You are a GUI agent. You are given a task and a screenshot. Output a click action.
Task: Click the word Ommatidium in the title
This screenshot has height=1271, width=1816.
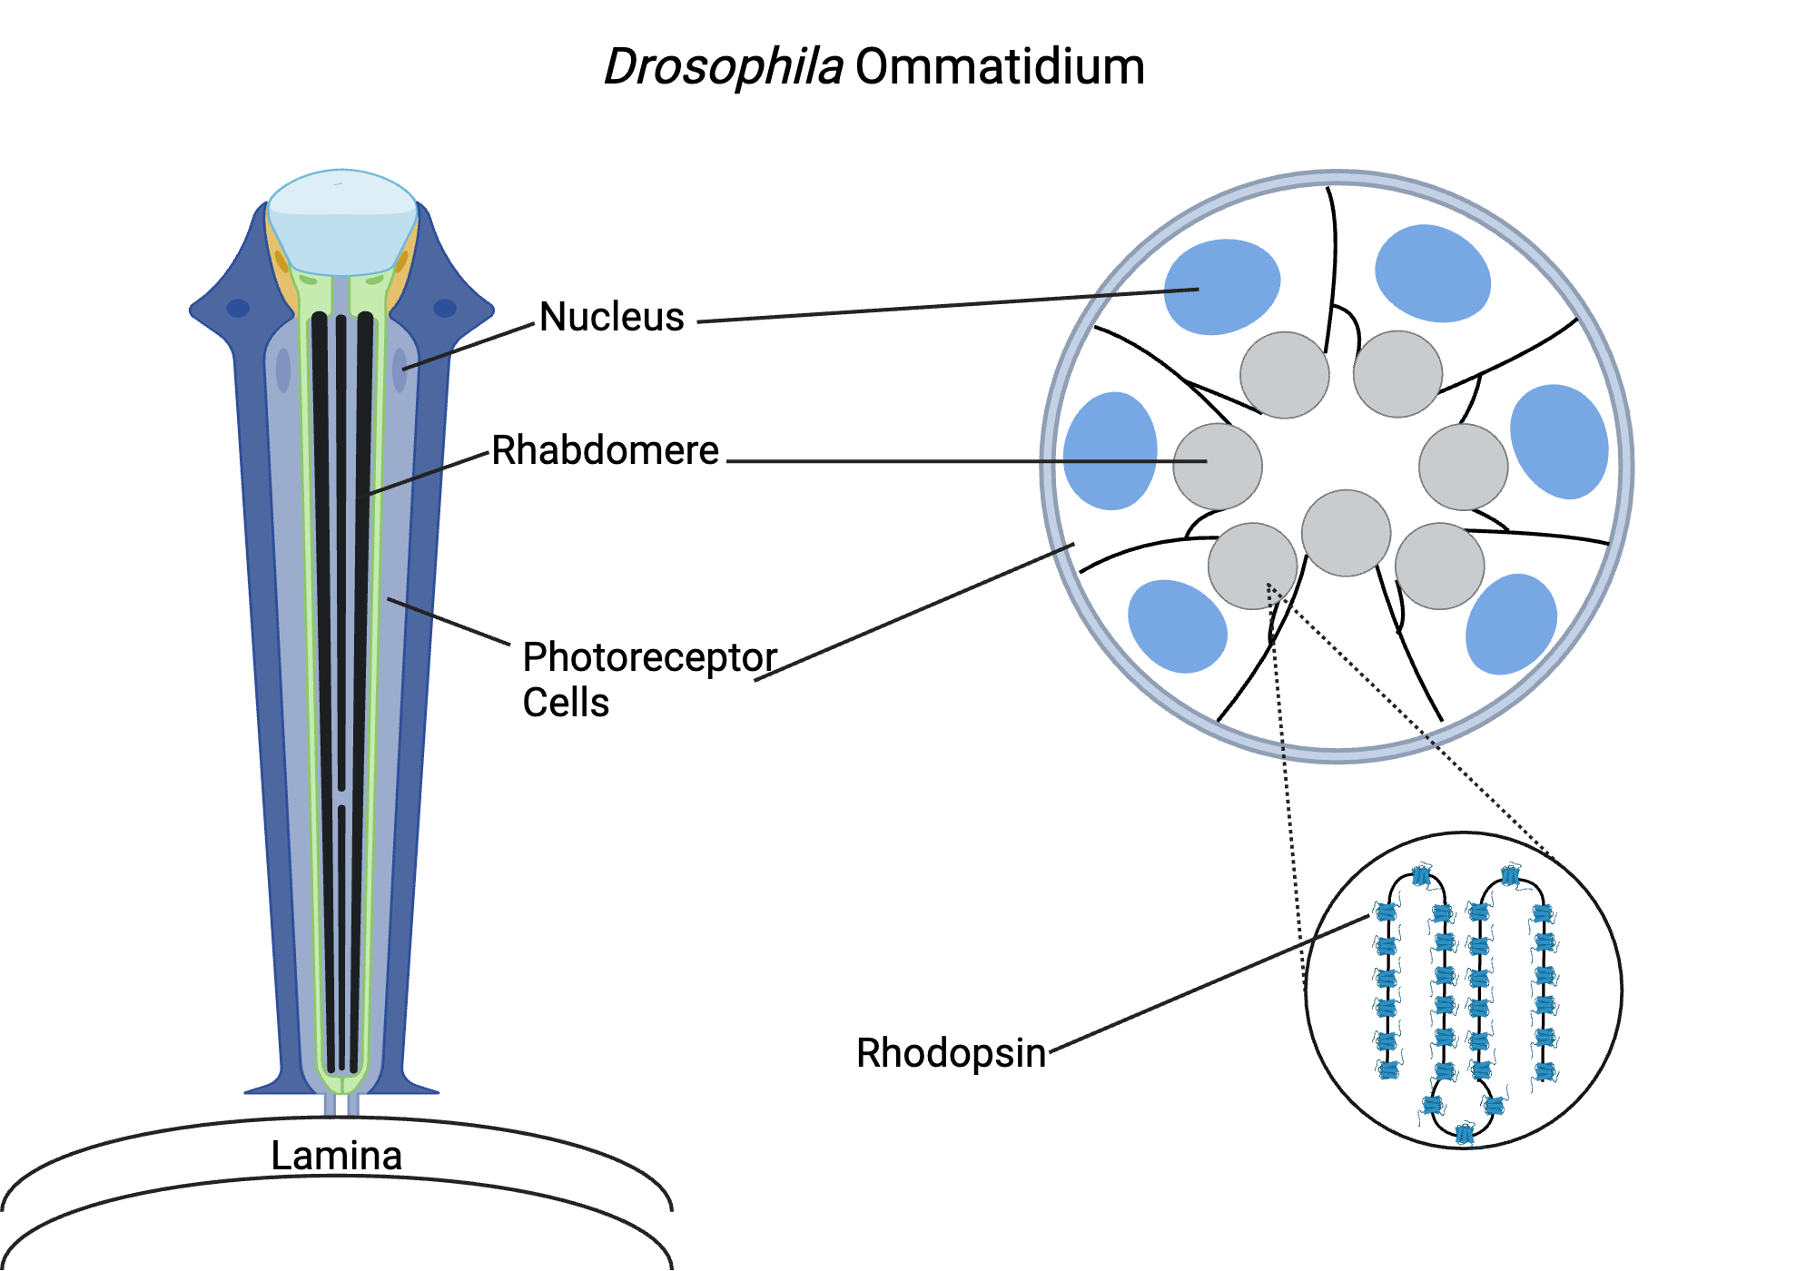1000,68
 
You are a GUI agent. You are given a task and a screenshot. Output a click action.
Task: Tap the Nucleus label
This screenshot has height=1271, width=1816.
611,317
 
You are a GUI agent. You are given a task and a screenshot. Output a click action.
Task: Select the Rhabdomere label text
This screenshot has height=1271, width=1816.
605,450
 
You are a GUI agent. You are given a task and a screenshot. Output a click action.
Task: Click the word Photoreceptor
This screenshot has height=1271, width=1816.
649,657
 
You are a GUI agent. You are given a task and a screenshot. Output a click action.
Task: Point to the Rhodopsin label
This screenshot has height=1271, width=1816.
951,1053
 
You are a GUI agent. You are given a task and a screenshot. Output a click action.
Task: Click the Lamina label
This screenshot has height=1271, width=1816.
336,1155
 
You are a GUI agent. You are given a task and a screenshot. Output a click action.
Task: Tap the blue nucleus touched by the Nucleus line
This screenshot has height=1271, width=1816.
1221,287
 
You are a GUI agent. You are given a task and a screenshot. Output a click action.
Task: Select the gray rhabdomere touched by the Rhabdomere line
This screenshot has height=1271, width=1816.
1217,467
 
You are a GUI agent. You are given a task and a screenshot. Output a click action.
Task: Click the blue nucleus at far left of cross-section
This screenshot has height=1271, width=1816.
1110,451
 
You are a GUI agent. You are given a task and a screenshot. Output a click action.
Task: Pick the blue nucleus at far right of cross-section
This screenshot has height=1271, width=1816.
1559,442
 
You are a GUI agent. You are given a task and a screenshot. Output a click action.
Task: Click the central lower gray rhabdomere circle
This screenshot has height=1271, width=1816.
1346,533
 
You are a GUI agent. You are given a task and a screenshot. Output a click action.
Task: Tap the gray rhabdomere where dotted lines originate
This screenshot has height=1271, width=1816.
1252,566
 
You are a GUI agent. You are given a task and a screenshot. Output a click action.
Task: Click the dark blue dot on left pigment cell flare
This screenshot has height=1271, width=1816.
238,308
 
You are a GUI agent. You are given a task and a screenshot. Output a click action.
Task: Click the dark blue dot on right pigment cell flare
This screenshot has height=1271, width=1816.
445,308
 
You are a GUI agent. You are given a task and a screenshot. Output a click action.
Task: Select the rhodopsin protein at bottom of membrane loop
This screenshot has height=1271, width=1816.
1464,1133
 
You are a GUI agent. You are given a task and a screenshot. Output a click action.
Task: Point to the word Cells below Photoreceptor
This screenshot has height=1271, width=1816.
566,703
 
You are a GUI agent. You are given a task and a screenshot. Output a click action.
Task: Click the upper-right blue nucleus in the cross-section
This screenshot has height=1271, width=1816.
1432,273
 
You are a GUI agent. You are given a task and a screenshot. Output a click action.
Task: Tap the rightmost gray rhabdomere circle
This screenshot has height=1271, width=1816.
1463,467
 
